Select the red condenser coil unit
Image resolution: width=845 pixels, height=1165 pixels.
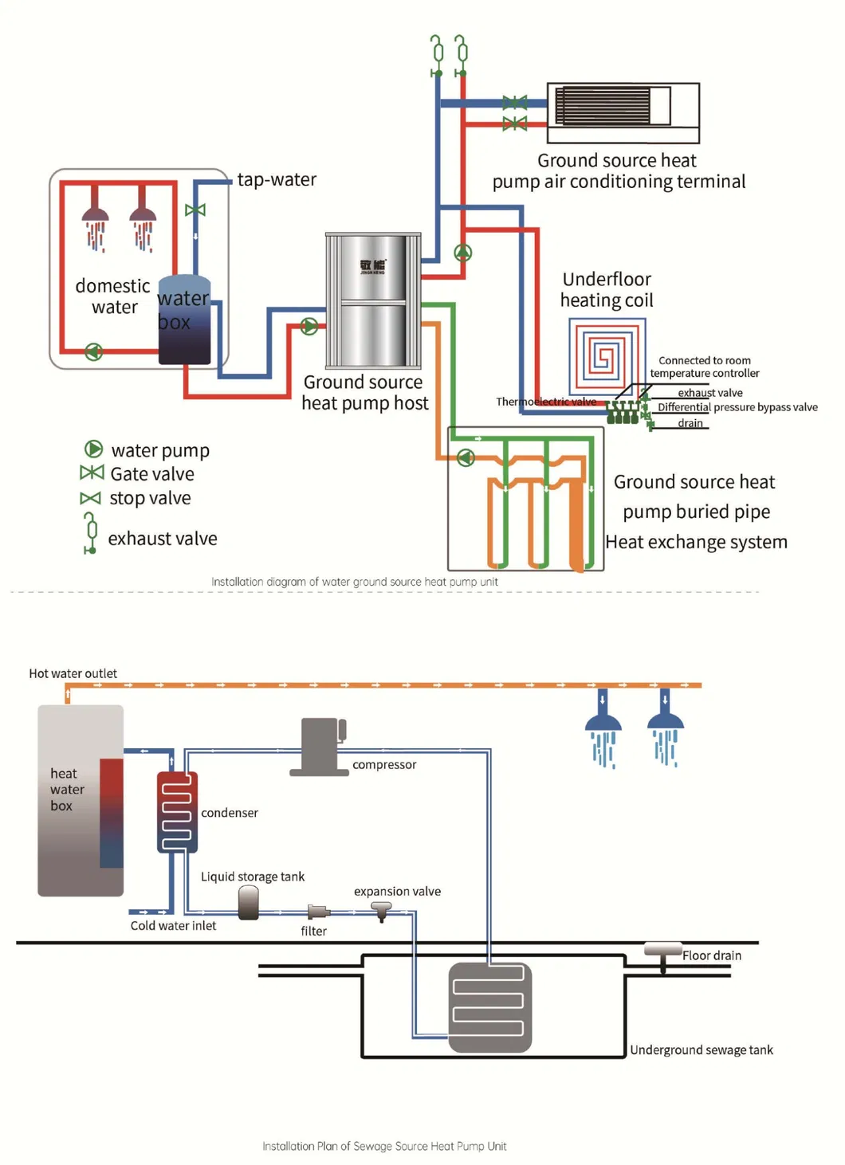[177, 812]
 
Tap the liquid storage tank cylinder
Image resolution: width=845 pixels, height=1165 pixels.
[249, 904]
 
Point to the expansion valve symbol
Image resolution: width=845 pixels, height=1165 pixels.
[382, 910]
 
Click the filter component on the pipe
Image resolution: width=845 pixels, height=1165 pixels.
[318, 912]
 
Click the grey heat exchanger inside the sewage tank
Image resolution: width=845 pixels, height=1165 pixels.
[489, 1007]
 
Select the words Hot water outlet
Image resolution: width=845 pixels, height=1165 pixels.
[73, 673]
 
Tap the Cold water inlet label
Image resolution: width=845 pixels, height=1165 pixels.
[173, 926]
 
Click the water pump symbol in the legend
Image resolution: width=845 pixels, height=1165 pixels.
[94, 449]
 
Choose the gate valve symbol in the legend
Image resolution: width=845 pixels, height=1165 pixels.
[92, 473]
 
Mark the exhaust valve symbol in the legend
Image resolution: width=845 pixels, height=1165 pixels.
[91, 532]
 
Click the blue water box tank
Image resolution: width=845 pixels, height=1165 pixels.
[184, 320]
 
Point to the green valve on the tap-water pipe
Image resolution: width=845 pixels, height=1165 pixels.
[195, 210]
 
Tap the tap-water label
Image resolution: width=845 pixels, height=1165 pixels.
[277, 179]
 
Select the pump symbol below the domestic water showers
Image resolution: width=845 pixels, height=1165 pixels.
[94, 351]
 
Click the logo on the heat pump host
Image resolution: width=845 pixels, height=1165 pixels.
[372, 266]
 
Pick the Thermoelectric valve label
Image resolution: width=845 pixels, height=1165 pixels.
[545, 402]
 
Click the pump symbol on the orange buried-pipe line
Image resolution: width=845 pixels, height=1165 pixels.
[466, 457]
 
